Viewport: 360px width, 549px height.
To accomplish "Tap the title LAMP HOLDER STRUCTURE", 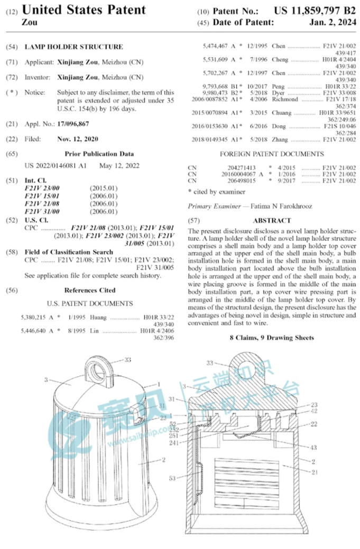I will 73,46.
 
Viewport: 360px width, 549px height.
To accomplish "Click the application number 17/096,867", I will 73,124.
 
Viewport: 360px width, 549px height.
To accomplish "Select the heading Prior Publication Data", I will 99,154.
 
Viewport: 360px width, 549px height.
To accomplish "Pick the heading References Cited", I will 90,290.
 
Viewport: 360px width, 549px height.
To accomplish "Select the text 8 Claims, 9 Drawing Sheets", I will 272,338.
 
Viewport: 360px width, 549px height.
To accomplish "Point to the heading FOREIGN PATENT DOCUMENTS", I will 272,154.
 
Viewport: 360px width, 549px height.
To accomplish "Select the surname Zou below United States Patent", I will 30,22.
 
